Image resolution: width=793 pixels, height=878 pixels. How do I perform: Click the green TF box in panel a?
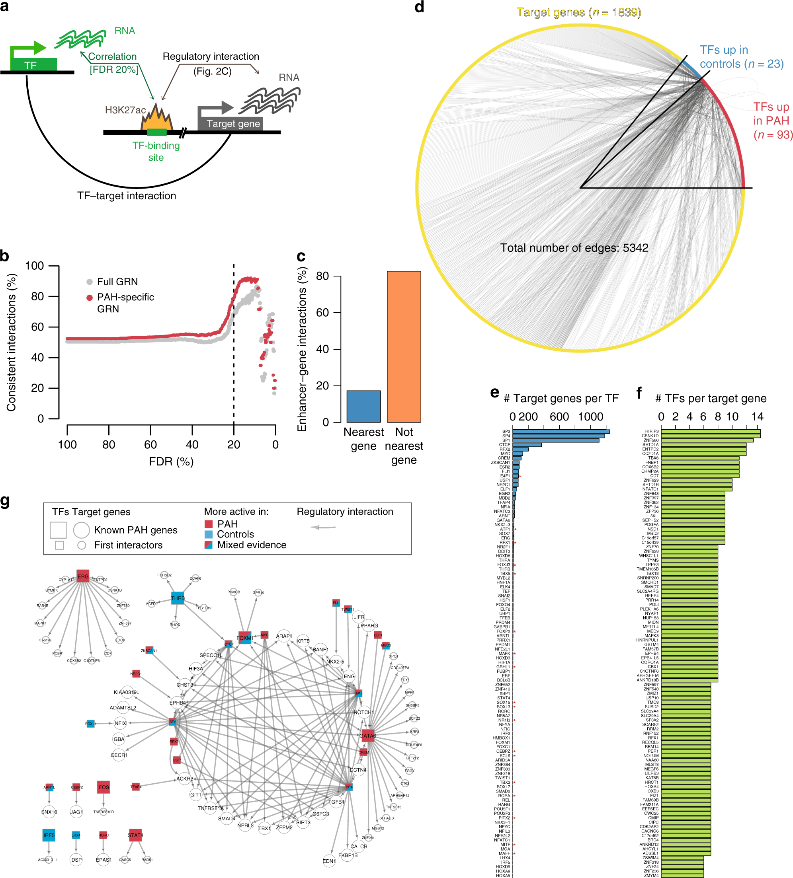click(33, 64)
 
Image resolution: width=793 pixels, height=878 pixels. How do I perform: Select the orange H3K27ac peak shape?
click(156, 119)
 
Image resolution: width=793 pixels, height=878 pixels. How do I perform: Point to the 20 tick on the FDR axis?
click(234, 444)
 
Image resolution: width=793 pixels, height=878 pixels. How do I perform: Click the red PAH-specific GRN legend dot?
click(89, 298)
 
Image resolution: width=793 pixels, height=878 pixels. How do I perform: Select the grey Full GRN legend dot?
click(89, 282)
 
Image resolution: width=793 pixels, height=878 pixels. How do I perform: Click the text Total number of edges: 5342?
click(574, 248)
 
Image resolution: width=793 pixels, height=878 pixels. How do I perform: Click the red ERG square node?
click(83, 576)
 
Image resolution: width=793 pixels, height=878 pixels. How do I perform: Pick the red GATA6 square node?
click(368, 736)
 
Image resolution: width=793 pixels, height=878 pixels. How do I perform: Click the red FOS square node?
click(104, 787)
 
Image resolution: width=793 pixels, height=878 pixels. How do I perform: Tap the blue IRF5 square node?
click(49, 835)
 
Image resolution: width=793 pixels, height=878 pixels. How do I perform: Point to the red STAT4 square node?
click(135, 835)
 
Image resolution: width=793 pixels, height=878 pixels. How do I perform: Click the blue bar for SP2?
click(561, 431)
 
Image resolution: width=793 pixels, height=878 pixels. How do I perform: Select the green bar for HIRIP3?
click(710, 431)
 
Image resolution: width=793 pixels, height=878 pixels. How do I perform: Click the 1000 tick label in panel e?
click(590, 417)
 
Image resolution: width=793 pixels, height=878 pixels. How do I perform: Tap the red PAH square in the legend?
click(209, 524)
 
